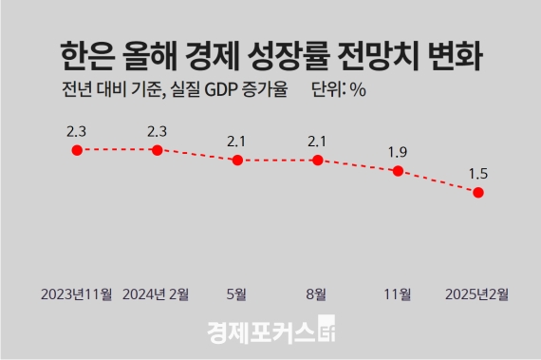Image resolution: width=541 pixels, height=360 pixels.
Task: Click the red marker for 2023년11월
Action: [x=77, y=149]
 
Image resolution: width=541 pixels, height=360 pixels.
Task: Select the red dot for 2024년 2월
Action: [x=158, y=149]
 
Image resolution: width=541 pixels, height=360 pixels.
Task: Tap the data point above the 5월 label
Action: [x=237, y=161]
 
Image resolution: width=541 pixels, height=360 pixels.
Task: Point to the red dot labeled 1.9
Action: [x=399, y=171]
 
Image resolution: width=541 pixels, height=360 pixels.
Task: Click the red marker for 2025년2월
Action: [x=479, y=193]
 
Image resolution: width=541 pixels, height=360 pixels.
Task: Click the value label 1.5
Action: [x=479, y=171]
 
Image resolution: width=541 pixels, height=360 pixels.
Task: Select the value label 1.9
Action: [x=399, y=150]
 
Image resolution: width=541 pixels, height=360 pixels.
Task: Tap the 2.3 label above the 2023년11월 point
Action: [x=77, y=128]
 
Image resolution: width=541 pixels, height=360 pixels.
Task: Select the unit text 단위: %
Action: [x=339, y=90]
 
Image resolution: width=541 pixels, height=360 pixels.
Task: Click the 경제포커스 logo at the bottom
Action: [x=270, y=332]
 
